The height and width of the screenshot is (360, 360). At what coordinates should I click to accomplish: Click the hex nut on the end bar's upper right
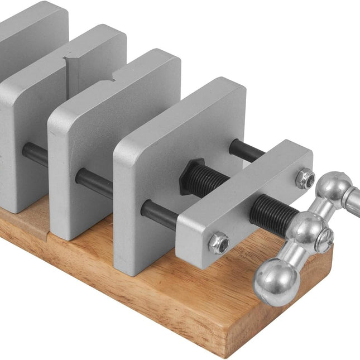[305, 179]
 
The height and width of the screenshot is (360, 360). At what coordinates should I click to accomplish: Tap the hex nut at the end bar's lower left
[219, 243]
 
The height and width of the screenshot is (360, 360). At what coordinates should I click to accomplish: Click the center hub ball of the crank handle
[305, 229]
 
